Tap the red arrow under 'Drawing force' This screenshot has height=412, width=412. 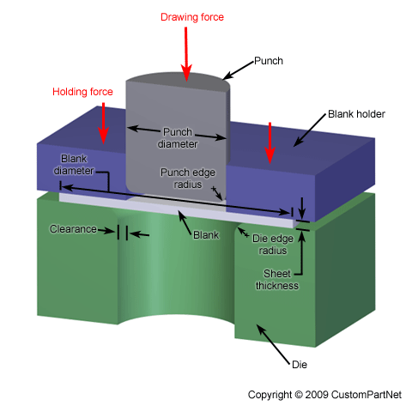click(x=185, y=55)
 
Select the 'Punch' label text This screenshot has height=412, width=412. click(x=269, y=62)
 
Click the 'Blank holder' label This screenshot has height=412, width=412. click(x=356, y=114)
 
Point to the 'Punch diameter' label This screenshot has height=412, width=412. click(x=178, y=137)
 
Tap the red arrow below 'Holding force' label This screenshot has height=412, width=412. click(x=104, y=125)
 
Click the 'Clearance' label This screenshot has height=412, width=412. click(x=74, y=230)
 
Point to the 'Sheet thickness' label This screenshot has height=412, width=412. click(x=280, y=280)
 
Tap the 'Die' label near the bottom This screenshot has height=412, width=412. click(x=299, y=365)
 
